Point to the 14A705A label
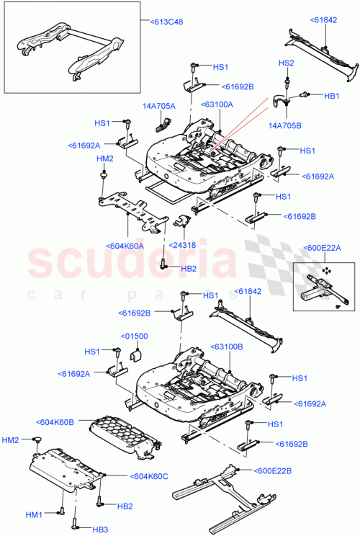[159, 106]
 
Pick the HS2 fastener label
[287, 64]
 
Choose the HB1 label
[332, 95]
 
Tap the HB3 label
[99, 530]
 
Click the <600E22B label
[273, 470]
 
